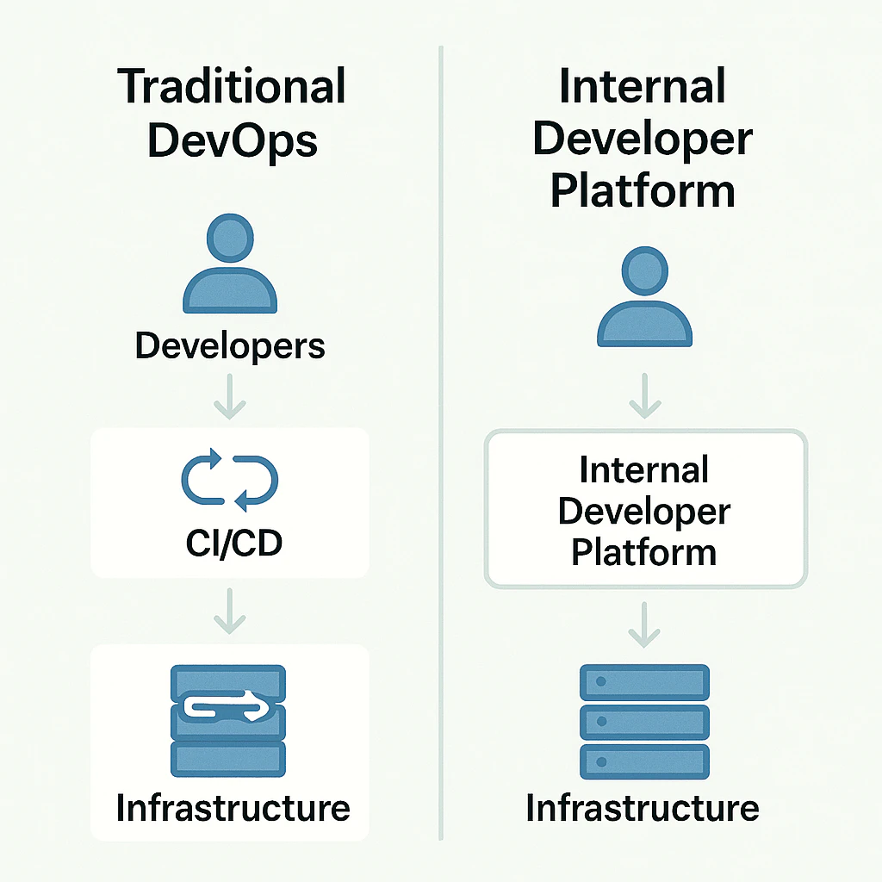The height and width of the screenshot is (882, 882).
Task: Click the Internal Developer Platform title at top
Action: click(x=643, y=139)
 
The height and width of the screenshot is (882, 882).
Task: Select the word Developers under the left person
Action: click(x=231, y=346)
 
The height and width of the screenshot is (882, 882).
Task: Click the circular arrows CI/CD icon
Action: click(x=230, y=479)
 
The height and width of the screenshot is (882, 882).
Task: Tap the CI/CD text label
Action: click(x=230, y=544)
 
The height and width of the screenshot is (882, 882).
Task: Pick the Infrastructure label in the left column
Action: click(x=233, y=808)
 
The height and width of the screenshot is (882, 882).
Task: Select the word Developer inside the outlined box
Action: click(x=644, y=511)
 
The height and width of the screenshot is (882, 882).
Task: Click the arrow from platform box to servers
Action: click(x=644, y=625)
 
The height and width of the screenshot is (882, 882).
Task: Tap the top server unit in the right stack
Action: click(x=644, y=682)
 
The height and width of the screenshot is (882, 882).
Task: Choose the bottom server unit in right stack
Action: click(x=644, y=761)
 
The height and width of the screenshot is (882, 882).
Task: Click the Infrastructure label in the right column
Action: click(x=643, y=808)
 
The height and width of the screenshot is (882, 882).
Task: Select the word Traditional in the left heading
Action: click(x=231, y=87)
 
